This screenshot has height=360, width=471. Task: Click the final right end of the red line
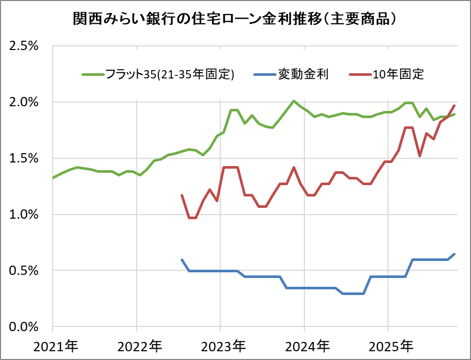(454, 106)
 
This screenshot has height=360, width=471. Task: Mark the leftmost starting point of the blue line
(182, 260)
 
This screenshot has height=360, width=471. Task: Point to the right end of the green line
(454, 114)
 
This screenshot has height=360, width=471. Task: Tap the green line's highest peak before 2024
(294, 101)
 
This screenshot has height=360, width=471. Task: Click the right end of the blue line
(454, 254)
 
